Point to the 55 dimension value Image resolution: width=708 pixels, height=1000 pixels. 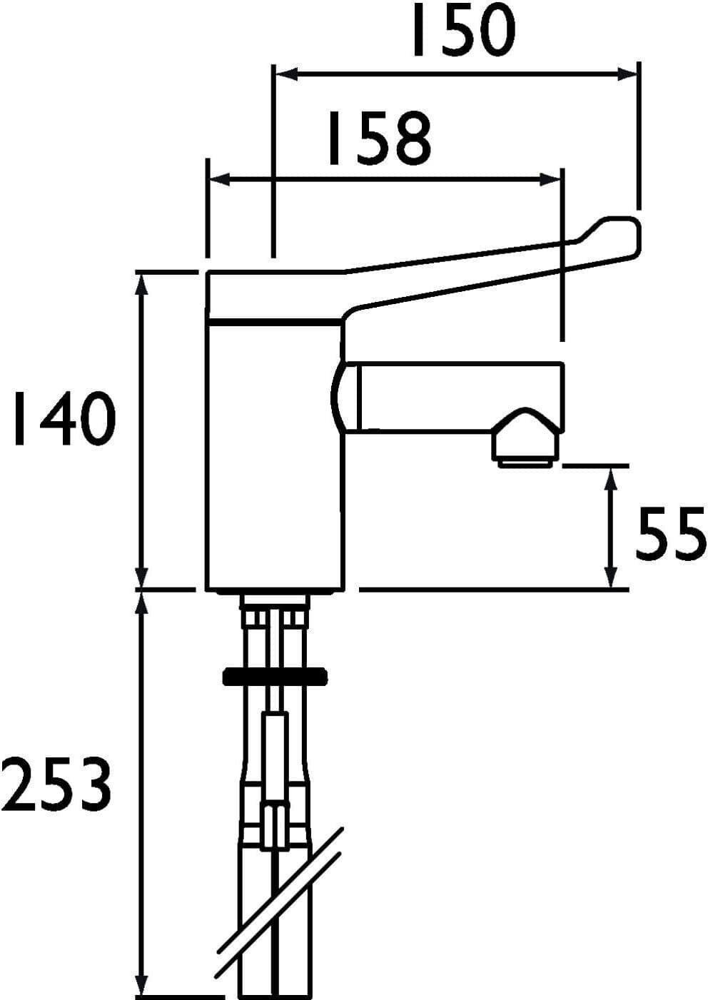click(669, 533)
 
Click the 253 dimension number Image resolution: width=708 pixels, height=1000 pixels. click(57, 785)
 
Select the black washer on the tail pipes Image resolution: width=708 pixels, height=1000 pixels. click(275, 675)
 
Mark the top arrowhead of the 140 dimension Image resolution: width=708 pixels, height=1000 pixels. click(143, 281)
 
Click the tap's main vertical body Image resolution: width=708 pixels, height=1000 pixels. click(271, 464)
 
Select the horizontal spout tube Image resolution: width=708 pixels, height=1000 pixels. click(457, 396)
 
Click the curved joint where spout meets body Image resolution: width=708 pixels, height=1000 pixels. click(343, 396)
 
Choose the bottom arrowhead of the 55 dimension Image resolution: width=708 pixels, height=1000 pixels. click(610, 580)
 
